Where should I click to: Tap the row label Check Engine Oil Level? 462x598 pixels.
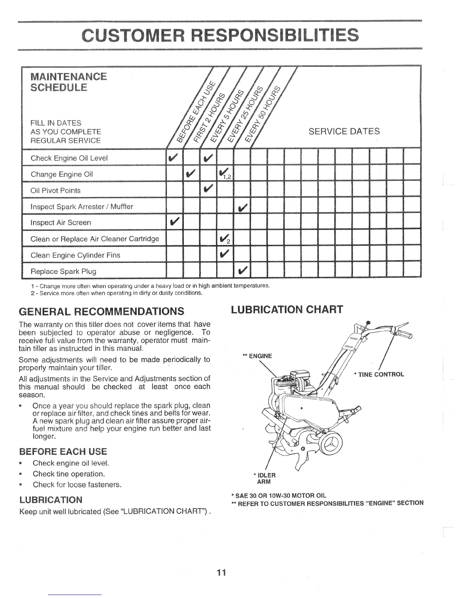pyautogui.click(x=69, y=158)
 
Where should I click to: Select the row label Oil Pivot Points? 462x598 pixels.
pyautogui.click(x=55, y=191)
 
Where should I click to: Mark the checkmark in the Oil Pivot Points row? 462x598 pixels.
pyautogui.click(x=208, y=189)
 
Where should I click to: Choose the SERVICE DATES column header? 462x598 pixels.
pyautogui.click(x=344, y=131)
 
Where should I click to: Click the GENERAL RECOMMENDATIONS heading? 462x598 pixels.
pyautogui.click(x=102, y=311)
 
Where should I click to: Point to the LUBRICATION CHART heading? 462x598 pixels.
pyautogui.click(x=287, y=310)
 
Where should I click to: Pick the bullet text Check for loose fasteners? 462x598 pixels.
pyautogui.click(x=77, y=485)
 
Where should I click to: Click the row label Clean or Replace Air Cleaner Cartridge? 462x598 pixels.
pyautogui.click(x=95, y=239)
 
